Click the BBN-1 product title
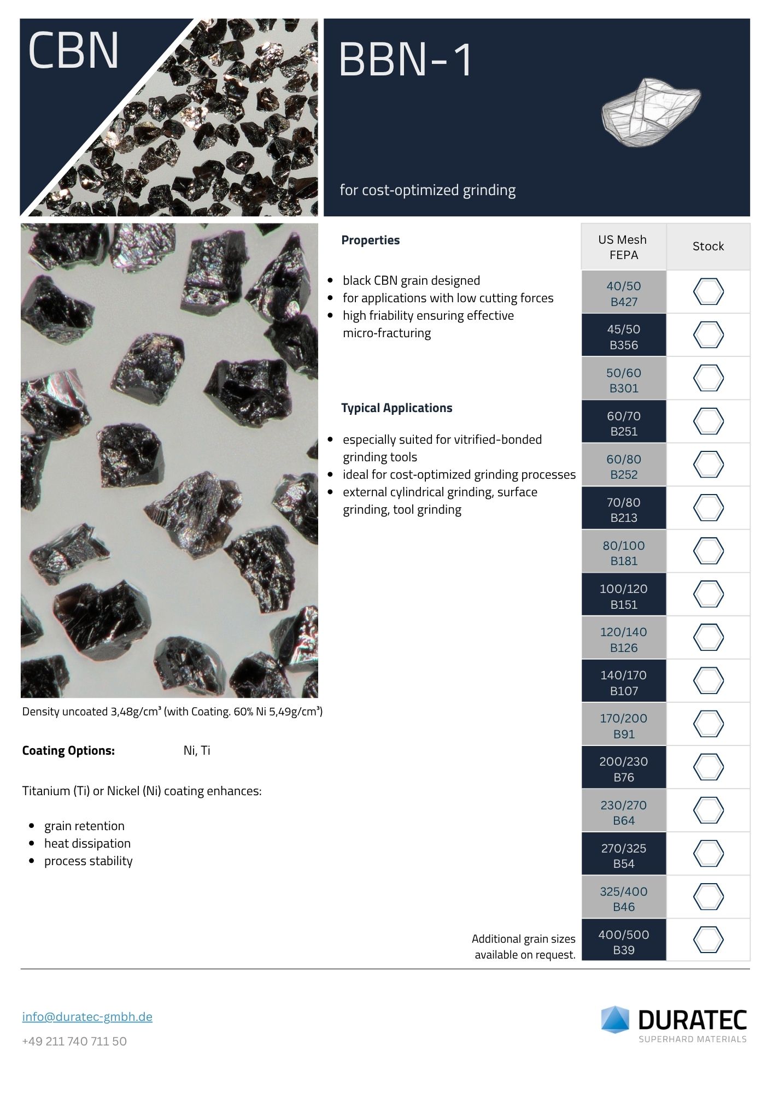[x=405, y=59]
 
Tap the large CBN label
[x=73, y=50]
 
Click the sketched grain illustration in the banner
[x=650, y=112]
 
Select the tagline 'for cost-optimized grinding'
[x=428, y=190]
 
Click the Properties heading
[x=370, y=240]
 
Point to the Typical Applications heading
[x=396, y=408]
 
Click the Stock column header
[x=708, y=246]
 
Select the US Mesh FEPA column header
[x=623, y=247]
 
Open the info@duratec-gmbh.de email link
[x=87, y=1016]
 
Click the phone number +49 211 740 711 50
[x=74, y=1041]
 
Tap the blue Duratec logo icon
[x=616, y=1019]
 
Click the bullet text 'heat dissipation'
[x=87, y=843]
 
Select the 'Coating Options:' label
[x=68, y=750]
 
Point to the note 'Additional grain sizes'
[x=524, y=939]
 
